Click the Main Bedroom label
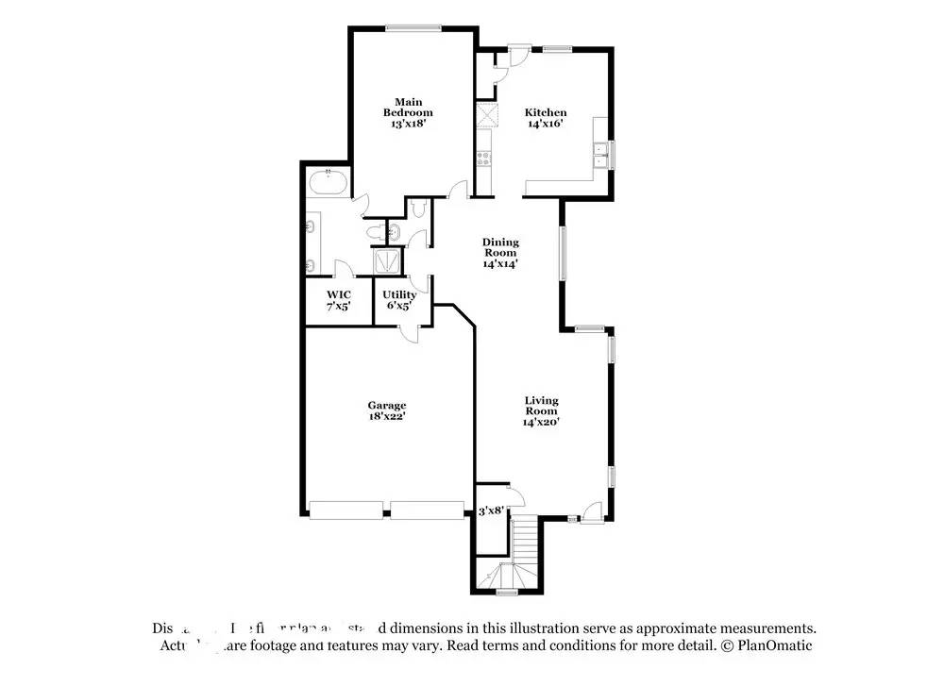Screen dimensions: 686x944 tap(408, 107)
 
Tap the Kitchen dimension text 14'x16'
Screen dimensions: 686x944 tap(546, 124)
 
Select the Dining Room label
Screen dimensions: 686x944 tap(500, 247)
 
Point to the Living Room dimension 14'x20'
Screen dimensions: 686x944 tap(541, 423)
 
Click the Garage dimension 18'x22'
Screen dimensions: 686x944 tap(386, 416)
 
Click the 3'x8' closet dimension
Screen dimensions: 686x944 tap(491, 510)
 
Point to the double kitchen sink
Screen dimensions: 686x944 tap(599, 154)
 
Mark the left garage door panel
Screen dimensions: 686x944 tap(346, 510)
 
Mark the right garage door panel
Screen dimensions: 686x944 tap(427, 510)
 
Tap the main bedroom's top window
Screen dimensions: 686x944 tap(413, 27)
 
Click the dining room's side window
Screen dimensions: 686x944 tap(563, 253)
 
